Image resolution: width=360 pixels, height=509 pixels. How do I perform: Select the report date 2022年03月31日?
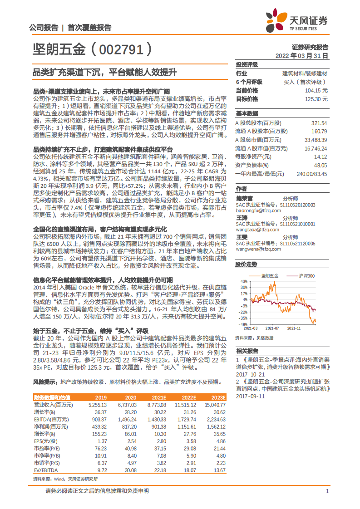point(301,55)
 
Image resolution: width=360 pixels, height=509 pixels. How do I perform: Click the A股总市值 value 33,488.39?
point(314,140)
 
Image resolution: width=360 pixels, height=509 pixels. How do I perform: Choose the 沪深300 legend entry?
point(306,275)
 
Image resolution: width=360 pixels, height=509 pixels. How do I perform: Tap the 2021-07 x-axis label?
point(272,328)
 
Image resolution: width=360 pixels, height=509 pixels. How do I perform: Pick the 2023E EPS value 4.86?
point(220,441)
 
